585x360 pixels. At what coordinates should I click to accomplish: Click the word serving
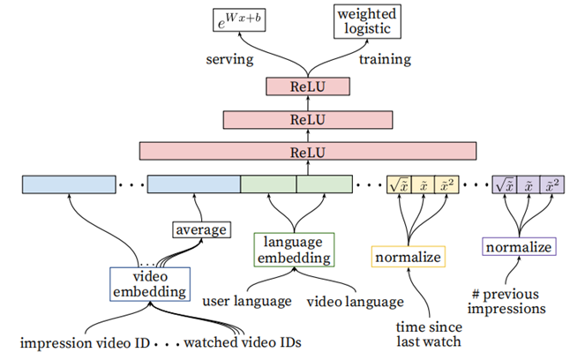(x=230, y=59)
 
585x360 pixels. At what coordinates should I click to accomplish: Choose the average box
(x=200, y=230)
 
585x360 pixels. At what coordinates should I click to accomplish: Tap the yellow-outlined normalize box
(x=409, y=257)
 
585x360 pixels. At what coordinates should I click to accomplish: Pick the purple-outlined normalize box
(x=519, y=246)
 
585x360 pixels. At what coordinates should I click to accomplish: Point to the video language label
(x=355, y=302)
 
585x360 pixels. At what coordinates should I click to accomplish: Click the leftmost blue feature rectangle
(x=70, y=184)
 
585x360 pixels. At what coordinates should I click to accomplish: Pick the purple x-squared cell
(x=552, y=184)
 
